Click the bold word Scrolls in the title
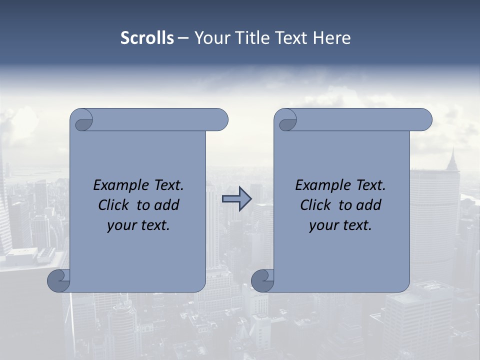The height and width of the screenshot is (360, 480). click(x=147, y=38)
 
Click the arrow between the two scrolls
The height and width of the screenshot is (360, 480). click(x=236, y=199)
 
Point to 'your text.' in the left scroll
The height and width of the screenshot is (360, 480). click(x=138, y=225)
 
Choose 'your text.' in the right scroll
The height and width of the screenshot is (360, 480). click(x=340, y=225)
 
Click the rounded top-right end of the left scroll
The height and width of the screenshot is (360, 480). click(x=220, y=120)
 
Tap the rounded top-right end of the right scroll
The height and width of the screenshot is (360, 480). click(x=424, y=120)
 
